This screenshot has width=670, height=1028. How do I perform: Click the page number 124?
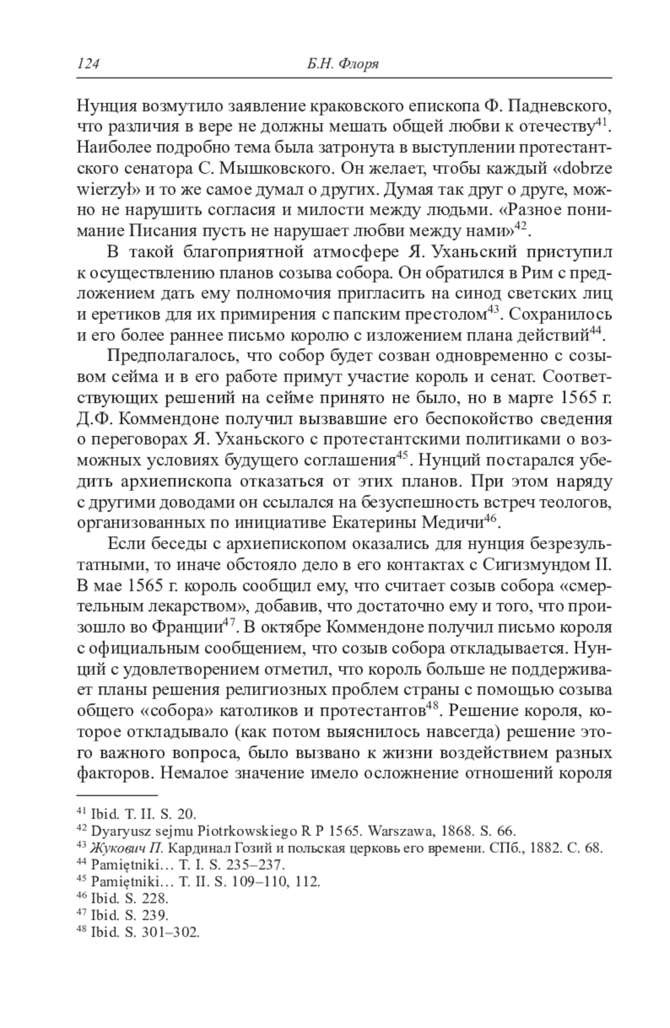pyautogui.click(x=88, y=64)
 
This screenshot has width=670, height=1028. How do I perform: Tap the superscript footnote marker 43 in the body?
pyautogui.click(x=492, y=311)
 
